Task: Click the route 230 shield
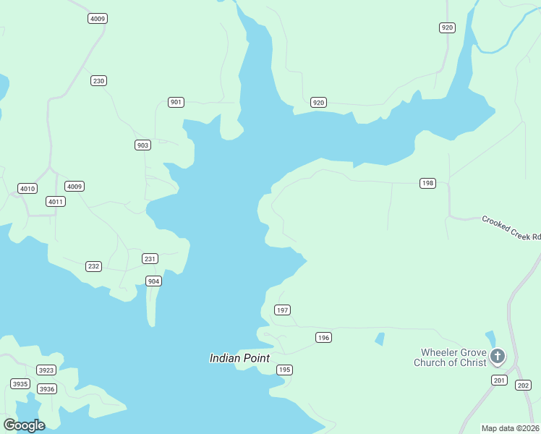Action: (99, 80)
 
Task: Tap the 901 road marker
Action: (176, 102)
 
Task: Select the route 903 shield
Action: (142, 145)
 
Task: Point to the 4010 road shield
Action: (27, 189)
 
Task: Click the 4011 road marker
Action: (56, 201)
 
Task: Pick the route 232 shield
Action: (93, 266)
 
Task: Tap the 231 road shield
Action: (150, 258)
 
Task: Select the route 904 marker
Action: (153, 281)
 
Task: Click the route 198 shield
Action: (427, 183)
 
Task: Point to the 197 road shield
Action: (282, 310)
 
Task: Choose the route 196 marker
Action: (323, 338)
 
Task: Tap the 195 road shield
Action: (284, 370)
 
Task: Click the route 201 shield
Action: (499, 380)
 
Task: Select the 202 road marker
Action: (523, 386)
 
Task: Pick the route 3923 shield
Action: (46, 370)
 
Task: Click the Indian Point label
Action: (239, 358)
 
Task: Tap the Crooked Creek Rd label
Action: (511, 227)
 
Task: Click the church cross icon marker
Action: (498, 356)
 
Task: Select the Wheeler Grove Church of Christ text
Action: (449, 357)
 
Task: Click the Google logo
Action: (24, 425)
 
